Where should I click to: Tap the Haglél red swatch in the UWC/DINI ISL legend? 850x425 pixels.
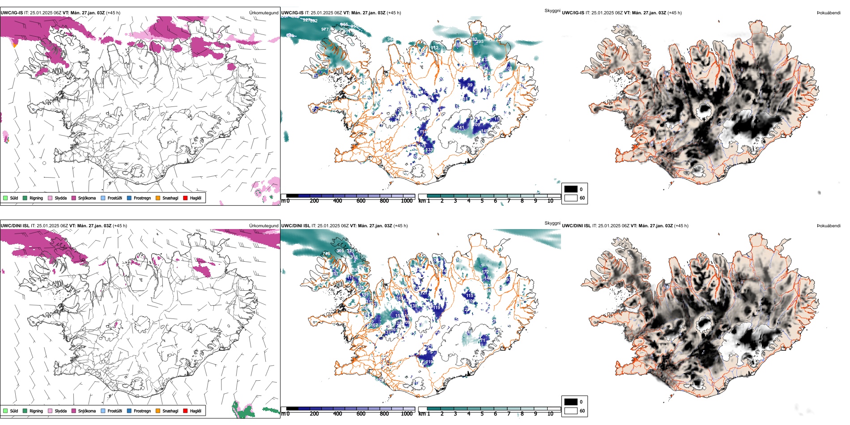[x=185, y=411]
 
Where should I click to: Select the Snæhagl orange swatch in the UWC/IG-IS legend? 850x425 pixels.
[x=158, y=198]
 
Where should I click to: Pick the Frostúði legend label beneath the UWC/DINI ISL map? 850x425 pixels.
[x=115, y=411]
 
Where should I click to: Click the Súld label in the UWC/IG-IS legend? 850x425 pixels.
[x=14, y=198]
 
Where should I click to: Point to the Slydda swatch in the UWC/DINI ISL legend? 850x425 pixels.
[x=50, y=411]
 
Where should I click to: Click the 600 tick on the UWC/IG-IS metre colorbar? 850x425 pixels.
[x=361, y=201]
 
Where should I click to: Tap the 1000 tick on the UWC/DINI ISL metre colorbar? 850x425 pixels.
[x=407, y=414]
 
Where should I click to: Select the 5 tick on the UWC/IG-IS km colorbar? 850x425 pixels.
[x=482, y=201]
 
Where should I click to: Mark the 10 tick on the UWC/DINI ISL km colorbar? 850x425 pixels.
[x=550, y=414]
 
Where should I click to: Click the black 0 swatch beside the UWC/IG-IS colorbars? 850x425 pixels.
[x=571, y=189]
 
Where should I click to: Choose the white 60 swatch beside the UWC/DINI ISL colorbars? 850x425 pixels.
[x=571, y=411]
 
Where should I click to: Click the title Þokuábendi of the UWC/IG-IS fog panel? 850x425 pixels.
[x=829, y=13]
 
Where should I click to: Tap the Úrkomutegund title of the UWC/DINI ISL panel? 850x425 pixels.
[x=263, y=226]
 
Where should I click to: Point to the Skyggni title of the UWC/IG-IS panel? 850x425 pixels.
[x=552, y=10]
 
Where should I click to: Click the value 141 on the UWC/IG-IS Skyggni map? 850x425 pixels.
[x=461, y=127]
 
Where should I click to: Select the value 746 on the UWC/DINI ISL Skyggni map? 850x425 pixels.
[x=327, y=254]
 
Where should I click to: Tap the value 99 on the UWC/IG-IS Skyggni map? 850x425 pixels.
[x=470, y=85]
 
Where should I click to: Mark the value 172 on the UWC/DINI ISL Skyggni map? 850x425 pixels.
[x=485, y=272]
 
